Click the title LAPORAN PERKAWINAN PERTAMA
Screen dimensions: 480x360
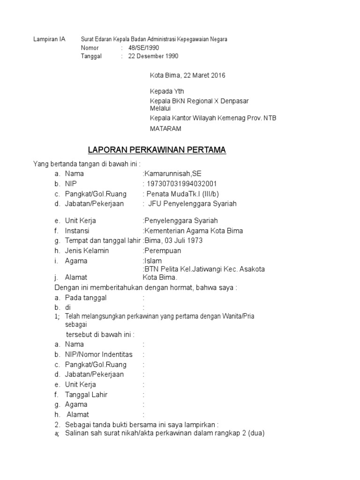(157, 150)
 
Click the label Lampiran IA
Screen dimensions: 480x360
(49, 39)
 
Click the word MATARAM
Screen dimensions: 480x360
(165, 128)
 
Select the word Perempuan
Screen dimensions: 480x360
(162, 251)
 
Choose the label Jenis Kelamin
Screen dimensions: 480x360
(87, 251)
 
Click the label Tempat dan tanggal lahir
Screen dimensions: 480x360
(103, 240)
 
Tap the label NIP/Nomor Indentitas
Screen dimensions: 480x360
(98, 354)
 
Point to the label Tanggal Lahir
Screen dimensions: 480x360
(86, 394)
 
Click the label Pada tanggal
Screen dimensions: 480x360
(86, 298)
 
